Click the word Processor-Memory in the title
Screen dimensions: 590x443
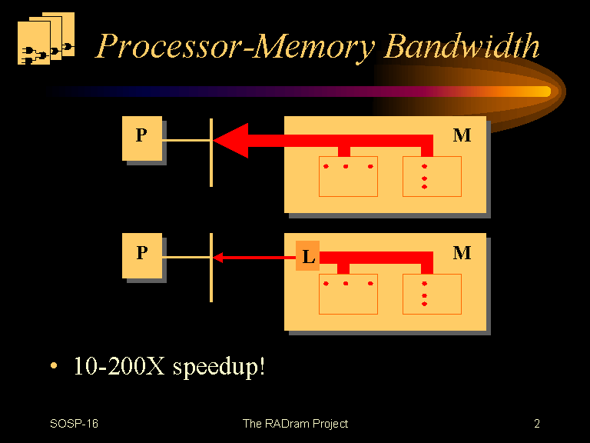click(236, 46)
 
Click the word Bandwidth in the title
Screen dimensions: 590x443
click(462, 45)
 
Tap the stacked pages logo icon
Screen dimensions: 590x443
click(46, 38)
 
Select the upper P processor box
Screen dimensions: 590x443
click(142, 138)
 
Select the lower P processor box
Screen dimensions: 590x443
click(142, 256)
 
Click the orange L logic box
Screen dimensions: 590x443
click(307, 256)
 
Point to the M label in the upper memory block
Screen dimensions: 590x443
click(462, 135)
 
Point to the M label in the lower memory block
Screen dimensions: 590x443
click(462, 253)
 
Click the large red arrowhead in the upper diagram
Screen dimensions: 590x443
click(231, 141)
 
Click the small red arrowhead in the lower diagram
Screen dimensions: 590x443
click(218, 258)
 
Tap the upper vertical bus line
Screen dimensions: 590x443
click(211, 152)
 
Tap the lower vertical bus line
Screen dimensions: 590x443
click(211, 268)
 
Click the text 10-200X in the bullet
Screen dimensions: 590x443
click(119, 366)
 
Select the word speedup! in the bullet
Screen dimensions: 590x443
click(219, 367)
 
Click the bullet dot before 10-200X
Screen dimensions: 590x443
click(54, 365)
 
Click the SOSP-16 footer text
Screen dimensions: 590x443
click(74, 424)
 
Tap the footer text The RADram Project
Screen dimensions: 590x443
click(295, 425)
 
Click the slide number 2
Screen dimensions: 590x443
click(537, 424)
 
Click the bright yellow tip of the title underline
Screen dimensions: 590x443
click(542, 92)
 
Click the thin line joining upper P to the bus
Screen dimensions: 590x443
click(186, 141)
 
